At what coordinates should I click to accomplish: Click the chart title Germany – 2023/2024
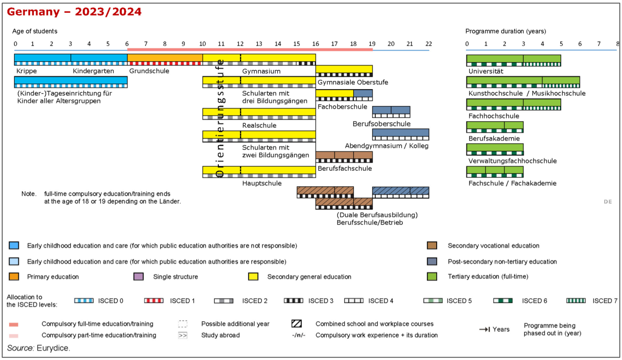(74, 12)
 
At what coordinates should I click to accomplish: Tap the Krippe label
(27, 71)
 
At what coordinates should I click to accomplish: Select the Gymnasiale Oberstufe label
(353, 82)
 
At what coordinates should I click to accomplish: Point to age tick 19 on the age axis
(372, 44)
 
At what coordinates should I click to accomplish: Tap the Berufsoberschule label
(382, 124)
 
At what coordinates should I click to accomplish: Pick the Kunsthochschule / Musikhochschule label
(527, 93)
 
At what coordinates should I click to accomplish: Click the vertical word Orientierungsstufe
(220, 118)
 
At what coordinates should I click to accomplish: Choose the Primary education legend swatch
(14, 276)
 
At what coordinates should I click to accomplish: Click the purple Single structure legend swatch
(139, 276)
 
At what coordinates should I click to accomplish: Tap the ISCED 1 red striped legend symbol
(154, 301)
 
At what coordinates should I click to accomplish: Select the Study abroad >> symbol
(183, 335)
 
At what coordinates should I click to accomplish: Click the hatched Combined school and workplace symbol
(297, 324)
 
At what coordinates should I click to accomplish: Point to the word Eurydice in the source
(53, 348)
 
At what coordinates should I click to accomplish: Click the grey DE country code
(608, 202)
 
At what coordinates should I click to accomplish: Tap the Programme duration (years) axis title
(506, 32)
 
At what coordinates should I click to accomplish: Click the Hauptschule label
(262, 183)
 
